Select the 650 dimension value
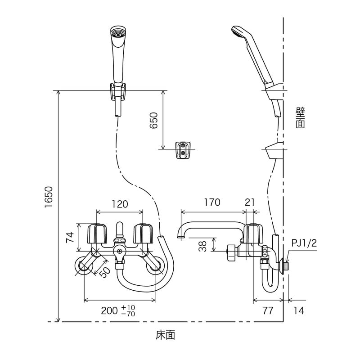[154, 121]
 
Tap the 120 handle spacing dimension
[120, 204]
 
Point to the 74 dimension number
[70, 238]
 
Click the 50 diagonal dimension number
[104, 272]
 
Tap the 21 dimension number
[250, 202]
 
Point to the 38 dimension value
[203, 246]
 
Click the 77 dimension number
[268, 310]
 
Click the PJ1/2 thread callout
[304, 243]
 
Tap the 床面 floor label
[165, 335]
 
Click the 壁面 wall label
[300, 117]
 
